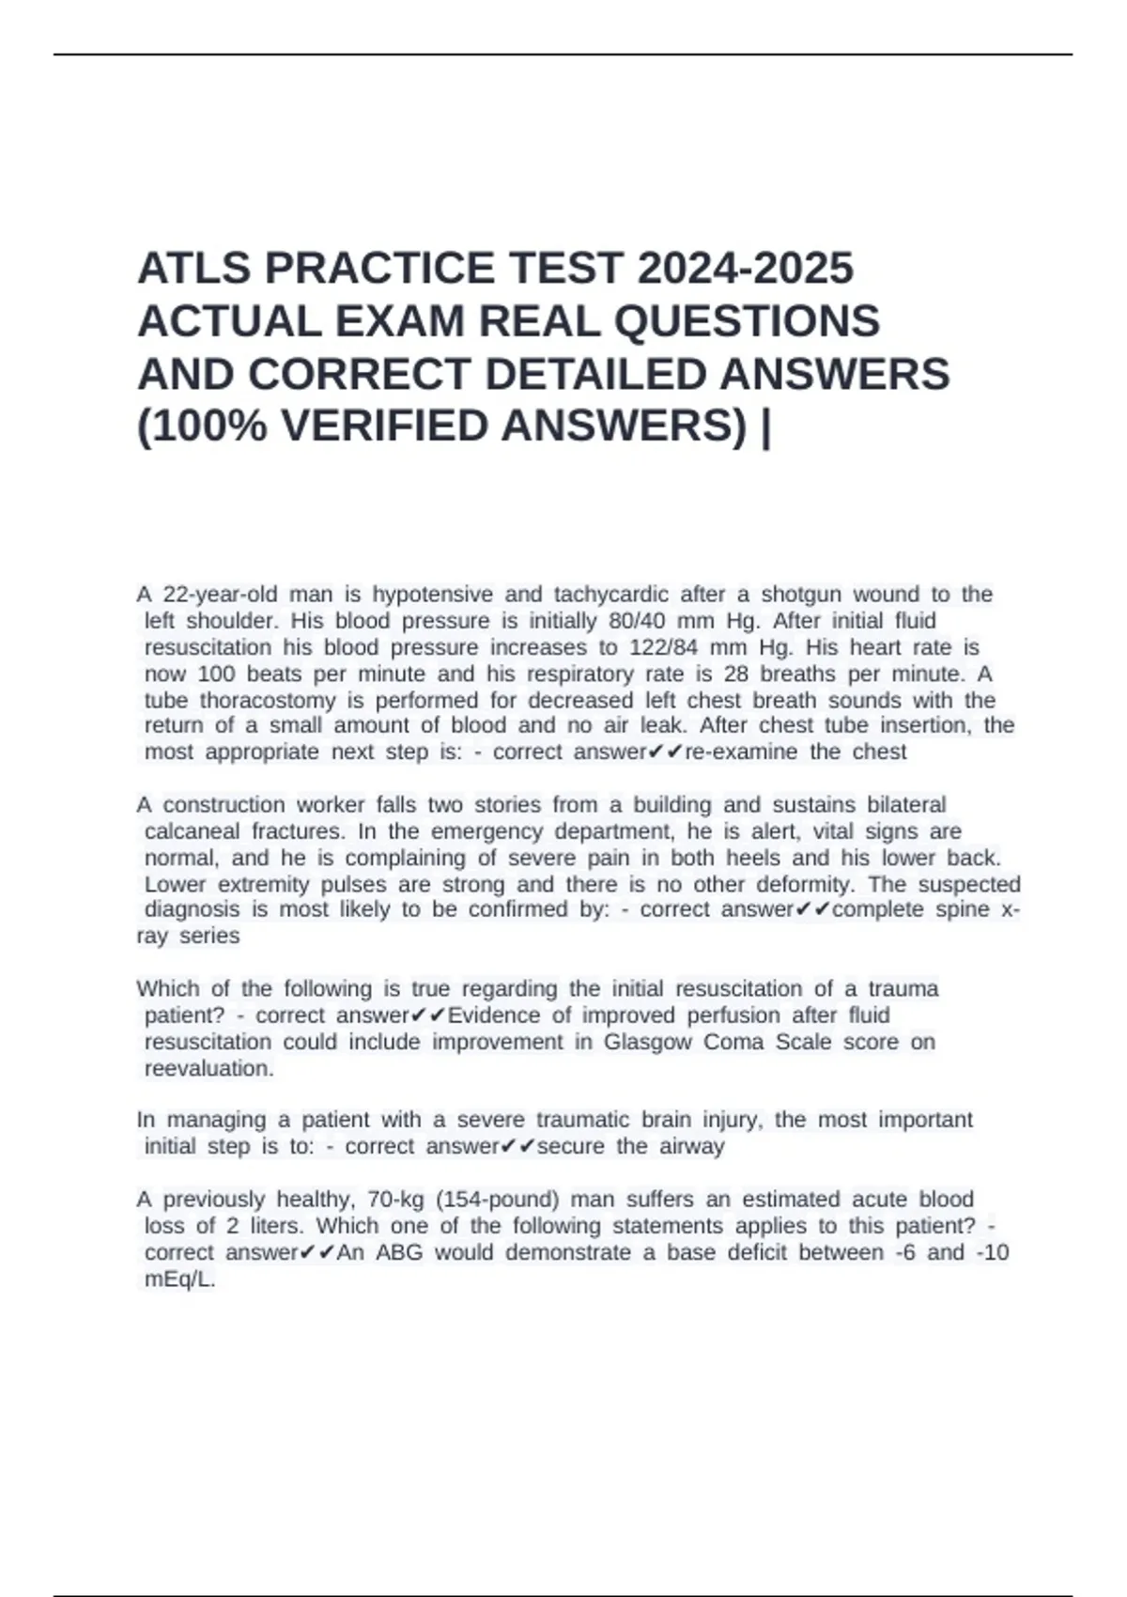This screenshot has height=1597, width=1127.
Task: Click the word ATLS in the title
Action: (x=194, y=269)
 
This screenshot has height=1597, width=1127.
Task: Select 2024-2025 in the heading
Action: (x=745, y=269)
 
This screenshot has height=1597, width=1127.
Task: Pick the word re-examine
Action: (x=742, y=752)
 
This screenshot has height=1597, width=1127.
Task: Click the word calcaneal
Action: (x=193, y=831)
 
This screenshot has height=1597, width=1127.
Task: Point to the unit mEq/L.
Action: (x=179, y=1279)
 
